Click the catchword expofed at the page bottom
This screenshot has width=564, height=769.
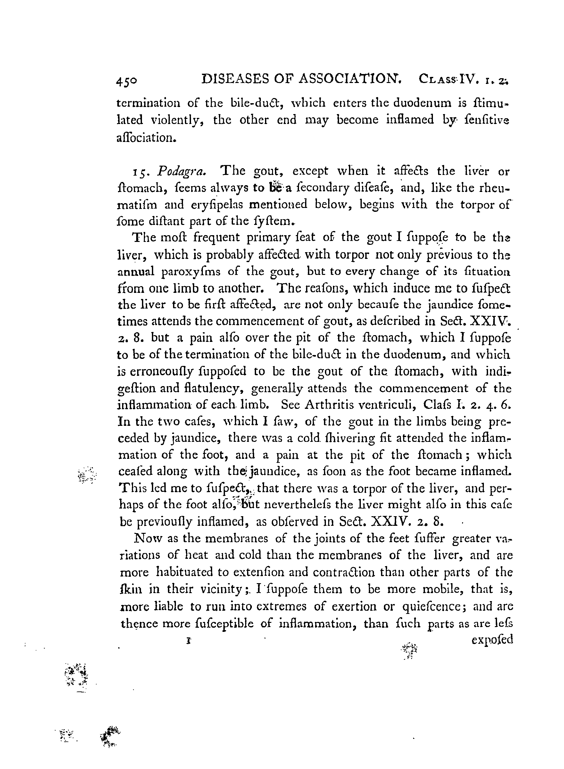point(492,640)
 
